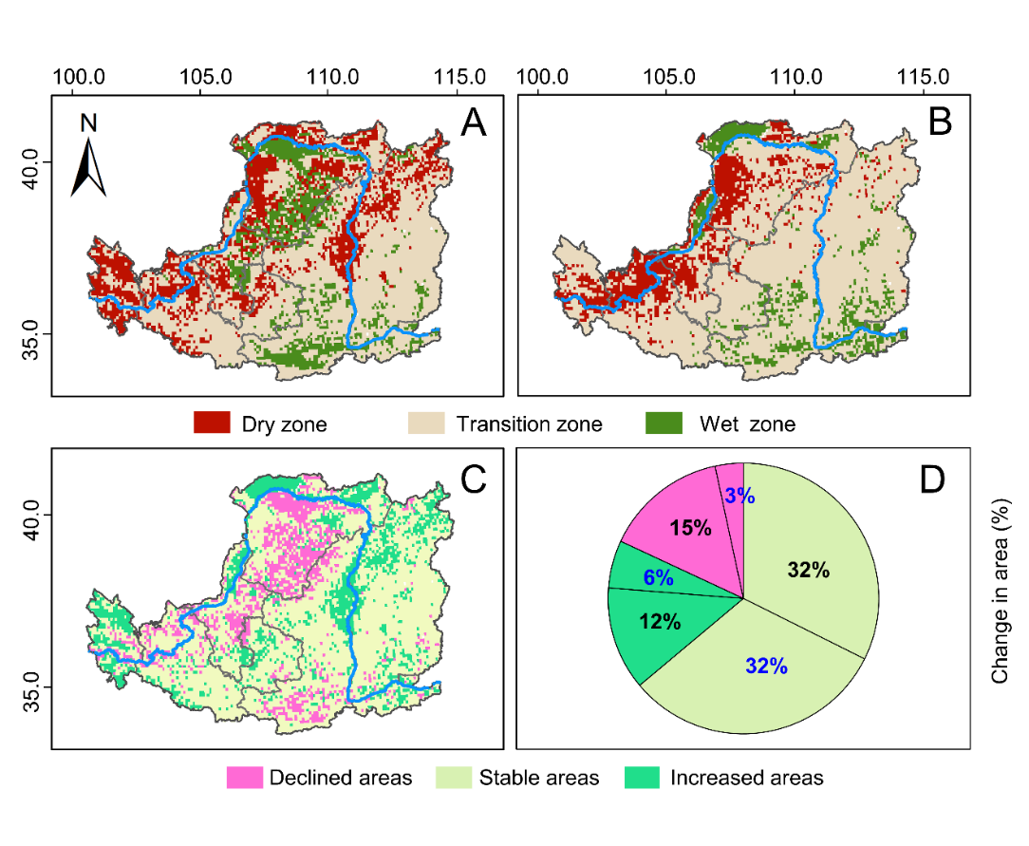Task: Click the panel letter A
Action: click(x=472, y=123)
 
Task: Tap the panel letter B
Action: click(x=940, y=123)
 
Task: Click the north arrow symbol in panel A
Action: click(x=89, y=161)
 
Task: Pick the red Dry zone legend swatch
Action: click(x=212, y=423)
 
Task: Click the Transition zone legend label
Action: click(x=529, y=423)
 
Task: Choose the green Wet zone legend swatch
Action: click(x=663, y=423)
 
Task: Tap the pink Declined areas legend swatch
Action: click(x=245, y=778)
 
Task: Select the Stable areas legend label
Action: click(x=539, y=778)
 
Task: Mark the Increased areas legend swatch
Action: click(x=643, y=778)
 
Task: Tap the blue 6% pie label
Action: click(x=657, y=577)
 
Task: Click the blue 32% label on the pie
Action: click(x=766, y=666)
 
